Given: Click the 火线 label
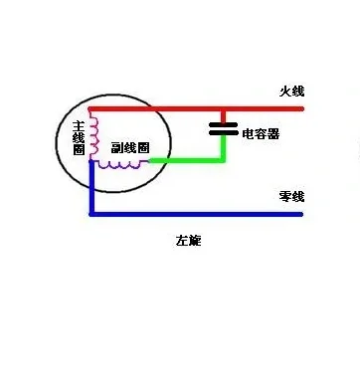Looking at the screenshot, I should pos(289,92).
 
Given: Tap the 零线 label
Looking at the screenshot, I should pos(289,196).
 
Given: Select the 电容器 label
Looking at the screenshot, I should pos(261,130).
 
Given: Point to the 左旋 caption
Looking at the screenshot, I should pos(188,242).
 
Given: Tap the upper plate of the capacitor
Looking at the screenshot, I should pos(224,124).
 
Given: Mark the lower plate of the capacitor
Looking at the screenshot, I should pos(224,133).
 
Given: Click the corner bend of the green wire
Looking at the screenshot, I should pos(224,159).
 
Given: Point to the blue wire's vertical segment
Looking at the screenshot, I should pos(91,189).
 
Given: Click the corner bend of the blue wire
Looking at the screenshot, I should pos(91,213).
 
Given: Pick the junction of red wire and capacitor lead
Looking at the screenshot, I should pos(224,107).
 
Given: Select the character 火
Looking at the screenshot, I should pos(283,92).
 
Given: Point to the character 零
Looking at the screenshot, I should pos(283,196).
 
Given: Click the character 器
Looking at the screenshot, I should pos(272,130).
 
